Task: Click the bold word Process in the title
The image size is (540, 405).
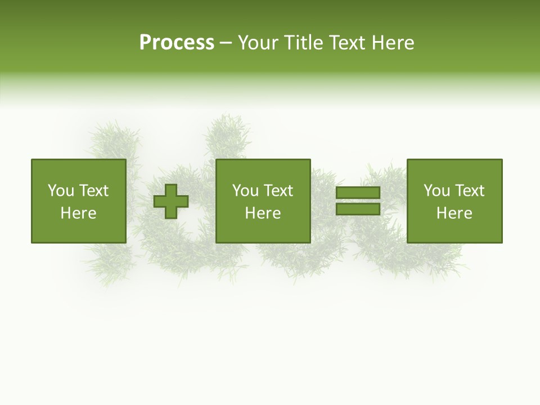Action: [x=177, y=43]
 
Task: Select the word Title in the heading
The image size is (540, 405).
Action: [x=301, y=43]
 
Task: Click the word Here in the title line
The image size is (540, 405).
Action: [x=394, y=43]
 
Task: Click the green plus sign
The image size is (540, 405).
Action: [x=171, y=201]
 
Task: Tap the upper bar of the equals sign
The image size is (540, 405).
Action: [x=358, y=193]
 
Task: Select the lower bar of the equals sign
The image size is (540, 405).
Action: [x=358, y=209]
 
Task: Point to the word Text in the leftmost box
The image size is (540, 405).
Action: [x=93, y=191]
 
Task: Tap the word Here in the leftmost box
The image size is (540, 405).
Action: [x=79, y=213]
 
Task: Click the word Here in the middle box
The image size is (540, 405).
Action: [x=263, y=213]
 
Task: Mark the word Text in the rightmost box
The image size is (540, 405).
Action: [x=469, y=191]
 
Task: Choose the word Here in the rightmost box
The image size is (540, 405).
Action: [x=454, y=213]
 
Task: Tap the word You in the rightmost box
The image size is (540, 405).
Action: [x=436, y=191]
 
